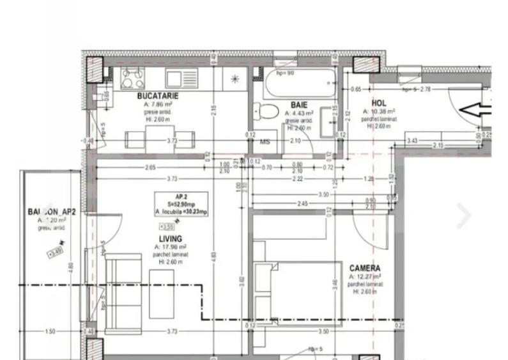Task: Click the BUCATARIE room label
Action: click(157, 95)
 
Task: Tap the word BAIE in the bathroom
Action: click(298, 105)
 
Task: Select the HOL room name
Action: click(378, 102)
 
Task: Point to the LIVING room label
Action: click(170, 239)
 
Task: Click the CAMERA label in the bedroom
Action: click(364, 269)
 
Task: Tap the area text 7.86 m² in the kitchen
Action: click(158, 104)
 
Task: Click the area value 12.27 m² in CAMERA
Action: click(366, 277)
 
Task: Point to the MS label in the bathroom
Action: click(264, 141)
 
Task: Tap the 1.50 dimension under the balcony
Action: click(50, 331)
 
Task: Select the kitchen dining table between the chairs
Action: click(158, 138)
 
